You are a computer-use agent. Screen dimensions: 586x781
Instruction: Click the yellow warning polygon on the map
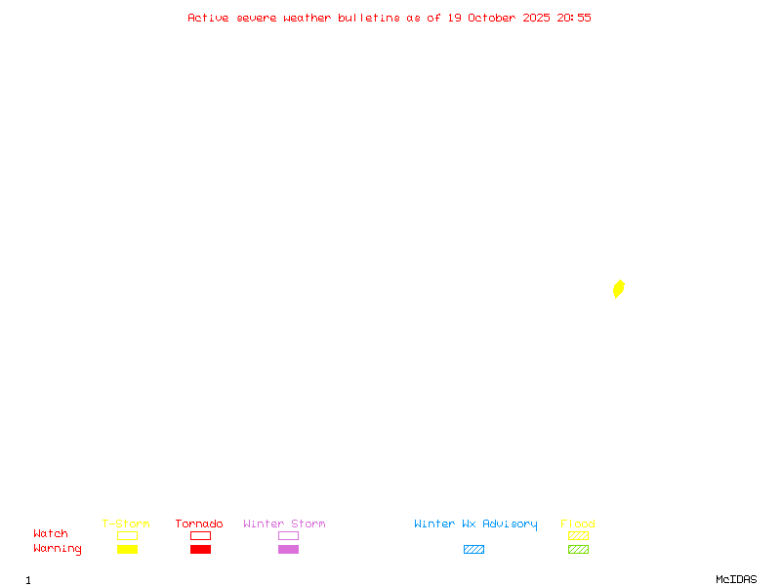click(x=618, y=288)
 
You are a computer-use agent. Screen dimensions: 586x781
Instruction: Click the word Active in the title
click(x=208, y=18)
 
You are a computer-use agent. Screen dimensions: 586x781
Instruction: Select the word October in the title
click(x=499, y=18)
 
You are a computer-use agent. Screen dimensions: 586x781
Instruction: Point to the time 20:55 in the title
click(x=574, y=18)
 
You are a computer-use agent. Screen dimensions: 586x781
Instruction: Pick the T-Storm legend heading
click(x=126, y=523)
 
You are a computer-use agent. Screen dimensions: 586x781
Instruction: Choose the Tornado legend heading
click(x=199, y=523)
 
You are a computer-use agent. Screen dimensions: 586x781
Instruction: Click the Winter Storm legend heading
click(x=284, y=523)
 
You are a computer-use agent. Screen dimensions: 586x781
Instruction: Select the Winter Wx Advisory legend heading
click(x=475, y=523)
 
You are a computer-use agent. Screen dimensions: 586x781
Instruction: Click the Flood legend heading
click(x=578, y=523)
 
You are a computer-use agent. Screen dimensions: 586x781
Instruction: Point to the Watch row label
click(x=51, y=534)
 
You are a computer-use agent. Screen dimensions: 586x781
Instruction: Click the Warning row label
click(x=58, y=549)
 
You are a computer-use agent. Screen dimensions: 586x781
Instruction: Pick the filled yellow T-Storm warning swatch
click(x=127, y=550)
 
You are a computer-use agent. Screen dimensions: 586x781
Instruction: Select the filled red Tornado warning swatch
click(x=200, y=550)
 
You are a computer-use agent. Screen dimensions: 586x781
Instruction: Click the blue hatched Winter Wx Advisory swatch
click(x=473, y=550)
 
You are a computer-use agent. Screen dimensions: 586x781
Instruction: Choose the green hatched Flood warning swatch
click(x=578, y=550)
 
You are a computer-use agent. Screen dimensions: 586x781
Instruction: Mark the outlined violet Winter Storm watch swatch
click(x=288, y=535)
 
